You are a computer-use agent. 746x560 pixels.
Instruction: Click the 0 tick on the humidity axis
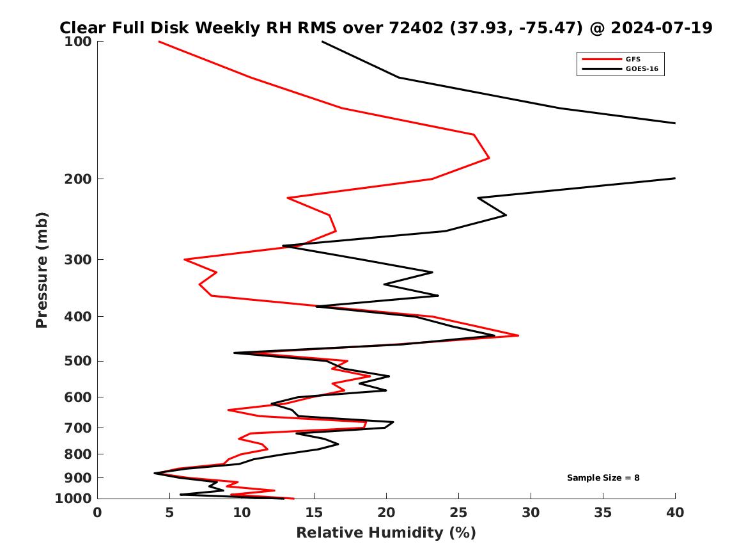point(97,512)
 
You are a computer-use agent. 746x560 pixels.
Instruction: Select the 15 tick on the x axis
point(314,512)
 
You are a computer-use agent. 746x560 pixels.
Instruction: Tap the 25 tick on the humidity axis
point(458,512)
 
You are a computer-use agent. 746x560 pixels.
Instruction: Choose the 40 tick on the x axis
point(675,512)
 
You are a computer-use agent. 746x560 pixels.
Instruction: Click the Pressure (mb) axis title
point(42,269)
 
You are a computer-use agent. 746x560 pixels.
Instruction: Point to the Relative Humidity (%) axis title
point(385,532)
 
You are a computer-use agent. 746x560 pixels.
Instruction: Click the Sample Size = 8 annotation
point(603,477)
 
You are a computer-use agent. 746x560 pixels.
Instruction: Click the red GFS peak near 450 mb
point(518,335)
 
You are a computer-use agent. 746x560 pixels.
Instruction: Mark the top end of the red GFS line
point(159,42)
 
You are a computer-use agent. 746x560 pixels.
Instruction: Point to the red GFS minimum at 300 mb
point(184,259)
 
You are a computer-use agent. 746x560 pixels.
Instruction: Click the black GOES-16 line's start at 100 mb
point(322,42)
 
